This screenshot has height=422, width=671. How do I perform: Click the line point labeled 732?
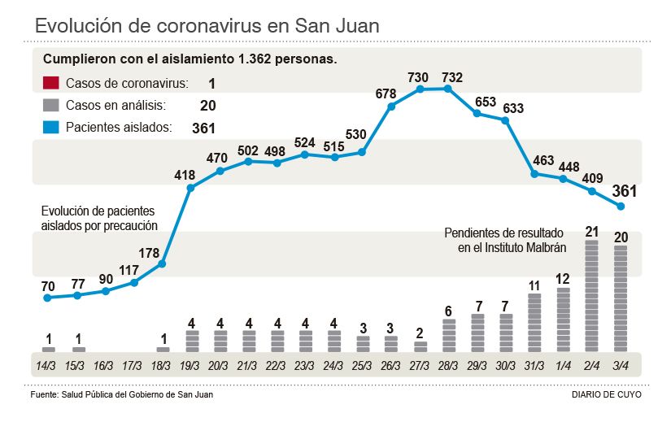click(447, 88)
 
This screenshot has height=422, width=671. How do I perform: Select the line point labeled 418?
click(191, 188)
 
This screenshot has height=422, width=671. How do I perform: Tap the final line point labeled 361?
click(621, 207)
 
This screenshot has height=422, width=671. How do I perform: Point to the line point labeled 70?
click(48, 298)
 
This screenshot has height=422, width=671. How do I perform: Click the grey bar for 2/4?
click(592, 296)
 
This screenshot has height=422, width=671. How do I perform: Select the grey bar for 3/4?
click(621, 298)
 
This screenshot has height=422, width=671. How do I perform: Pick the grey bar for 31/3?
click(534, 322)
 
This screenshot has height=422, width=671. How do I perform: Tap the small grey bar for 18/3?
click(163, 350)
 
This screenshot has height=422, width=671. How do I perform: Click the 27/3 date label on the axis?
click(420, 364)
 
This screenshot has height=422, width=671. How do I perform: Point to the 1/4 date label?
click(564, 364)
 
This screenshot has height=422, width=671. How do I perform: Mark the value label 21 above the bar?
click(592, 232)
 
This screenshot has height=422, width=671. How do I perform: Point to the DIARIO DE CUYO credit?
click(607, 394)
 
